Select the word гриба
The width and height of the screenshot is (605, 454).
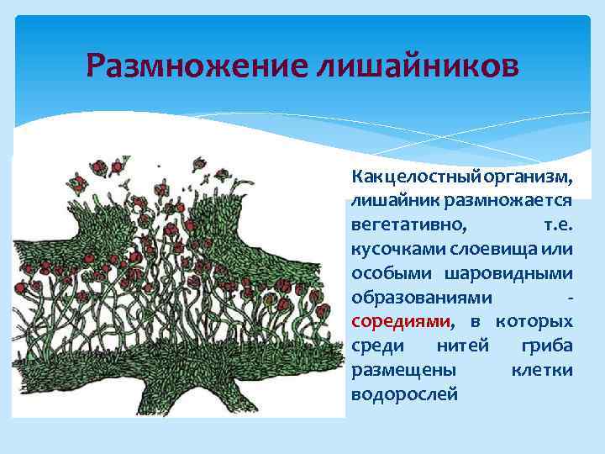pos(547,346)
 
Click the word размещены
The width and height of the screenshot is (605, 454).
pos(403,370)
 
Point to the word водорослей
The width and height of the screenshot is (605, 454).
pos(405,393)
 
